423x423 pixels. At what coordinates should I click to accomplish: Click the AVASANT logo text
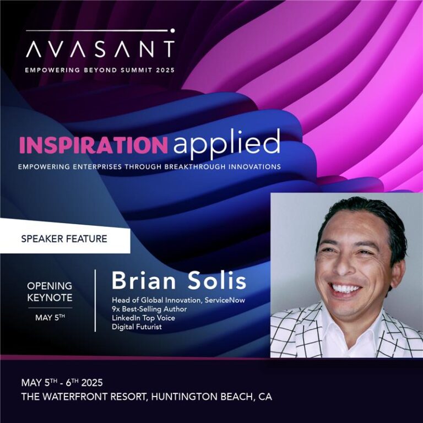pyautogui.click(x=100, y=50)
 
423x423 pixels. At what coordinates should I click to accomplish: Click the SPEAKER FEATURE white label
pyautogui.click(x=64, y=240)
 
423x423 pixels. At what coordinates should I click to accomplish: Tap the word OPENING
pyautogui.click(x=50, y=286)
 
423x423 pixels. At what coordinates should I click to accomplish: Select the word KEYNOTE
pyautogui.click(x=50, y=298)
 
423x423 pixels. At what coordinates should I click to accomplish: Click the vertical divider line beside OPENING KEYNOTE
pyautogui.click(x=95, y=300)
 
